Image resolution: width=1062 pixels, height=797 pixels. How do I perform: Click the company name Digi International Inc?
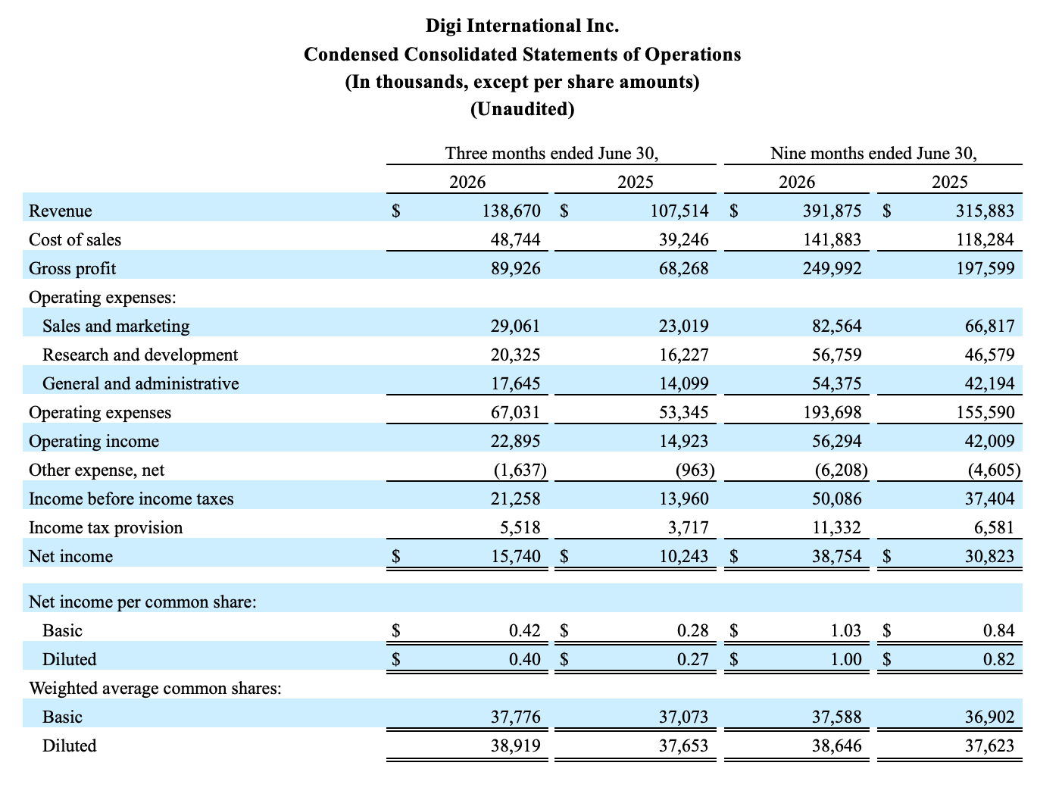coord(522,26)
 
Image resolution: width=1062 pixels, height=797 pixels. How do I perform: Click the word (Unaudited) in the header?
coord(522,109)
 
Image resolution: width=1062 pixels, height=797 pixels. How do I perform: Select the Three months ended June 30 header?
coord(551,153)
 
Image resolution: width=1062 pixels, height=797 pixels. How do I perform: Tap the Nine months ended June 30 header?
coord(873,153)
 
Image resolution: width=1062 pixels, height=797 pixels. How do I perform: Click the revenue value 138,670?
coord(511,211)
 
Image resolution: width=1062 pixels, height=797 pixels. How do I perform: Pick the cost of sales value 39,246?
coord(683,239)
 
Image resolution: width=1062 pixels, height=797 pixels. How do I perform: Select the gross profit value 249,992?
coord(832,268)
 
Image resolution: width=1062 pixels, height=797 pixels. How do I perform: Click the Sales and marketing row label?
coord(116,327)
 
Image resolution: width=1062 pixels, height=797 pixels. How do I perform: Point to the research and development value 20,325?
coord(515,355)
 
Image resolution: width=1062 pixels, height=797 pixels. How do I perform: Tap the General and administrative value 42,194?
coord(989,384)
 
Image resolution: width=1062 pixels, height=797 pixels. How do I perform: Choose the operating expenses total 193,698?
coord(832,412)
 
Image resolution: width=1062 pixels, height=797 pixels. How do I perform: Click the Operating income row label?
coord(94,442)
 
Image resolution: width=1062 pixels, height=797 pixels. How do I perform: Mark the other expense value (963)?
coord(695,470)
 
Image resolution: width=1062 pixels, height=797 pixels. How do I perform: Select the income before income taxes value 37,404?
coord(989,499)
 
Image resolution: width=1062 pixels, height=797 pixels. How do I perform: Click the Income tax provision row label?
coord(106,528)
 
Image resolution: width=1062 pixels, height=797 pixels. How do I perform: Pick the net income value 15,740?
coord(515,557)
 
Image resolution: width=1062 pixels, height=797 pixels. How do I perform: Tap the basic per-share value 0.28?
coord(692,631)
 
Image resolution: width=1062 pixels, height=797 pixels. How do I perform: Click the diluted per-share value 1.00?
coord(845,660)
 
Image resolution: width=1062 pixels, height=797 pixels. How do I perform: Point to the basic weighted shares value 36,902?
coord(989,717)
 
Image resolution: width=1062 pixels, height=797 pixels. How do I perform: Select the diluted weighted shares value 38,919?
coord(515,745)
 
